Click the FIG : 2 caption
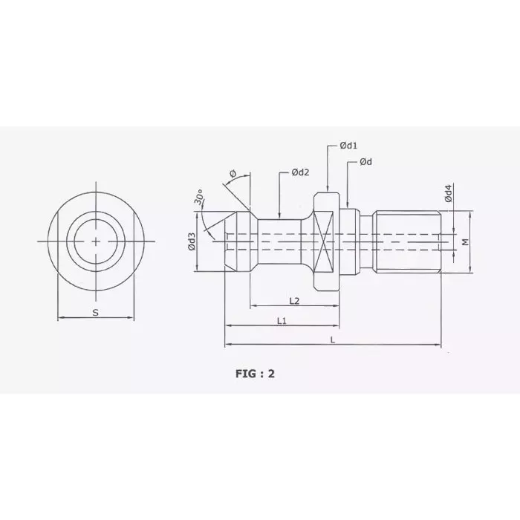coord(256,374)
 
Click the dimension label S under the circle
coord(95,313)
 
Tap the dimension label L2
coord(293,300)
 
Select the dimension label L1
coord(282,320)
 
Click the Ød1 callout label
coord(349,146)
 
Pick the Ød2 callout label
coord(300,172)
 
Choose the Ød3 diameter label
coord(192,242)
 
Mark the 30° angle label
coord(199,198)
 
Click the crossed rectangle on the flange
coord(325,242)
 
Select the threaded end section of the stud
coord(407,242)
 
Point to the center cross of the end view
coord(96,241)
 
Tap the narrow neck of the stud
coord(280,242)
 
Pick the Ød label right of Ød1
coord(365,162)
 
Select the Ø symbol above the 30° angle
coord(233,174)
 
